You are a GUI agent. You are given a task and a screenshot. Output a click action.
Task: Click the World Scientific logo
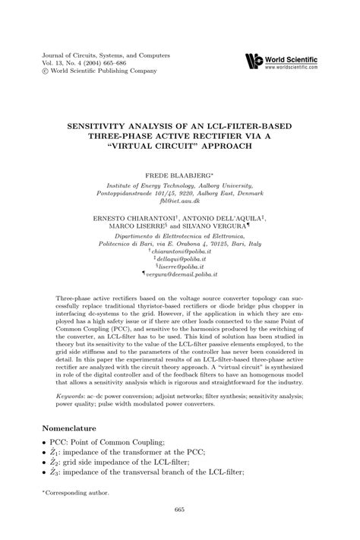[253, 61]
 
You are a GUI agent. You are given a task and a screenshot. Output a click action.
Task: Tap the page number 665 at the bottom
[180, 509]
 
